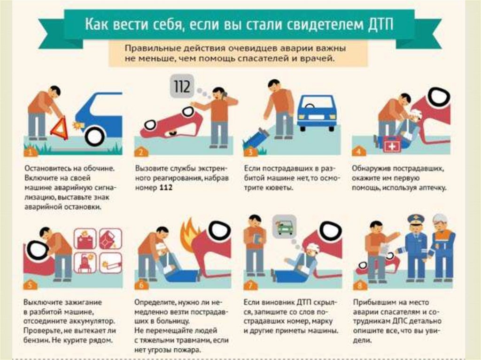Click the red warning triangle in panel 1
[59, 128]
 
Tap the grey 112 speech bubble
[182, 86]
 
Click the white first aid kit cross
[392, 146]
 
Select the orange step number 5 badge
[30, 284]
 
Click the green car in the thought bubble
[284, 227]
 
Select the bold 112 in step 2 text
[166, 188]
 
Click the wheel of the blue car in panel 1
[95, 136]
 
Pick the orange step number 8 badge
[359, 285]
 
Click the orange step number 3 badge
[250, 151]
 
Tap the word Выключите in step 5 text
[42, 302]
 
